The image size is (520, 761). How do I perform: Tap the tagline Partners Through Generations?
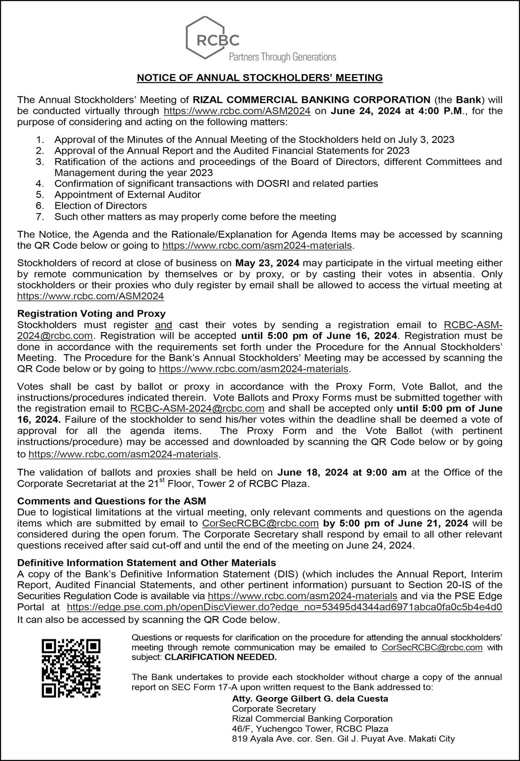point(282,57)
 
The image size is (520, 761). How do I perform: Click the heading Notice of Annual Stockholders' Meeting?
point(260,78)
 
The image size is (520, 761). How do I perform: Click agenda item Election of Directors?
point(101,206)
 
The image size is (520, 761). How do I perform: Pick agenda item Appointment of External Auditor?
point(127,194)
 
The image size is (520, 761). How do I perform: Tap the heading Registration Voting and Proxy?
point(91,313)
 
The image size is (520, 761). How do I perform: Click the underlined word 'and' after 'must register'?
point(163,325)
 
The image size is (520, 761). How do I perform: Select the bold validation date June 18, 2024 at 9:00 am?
point(341,472)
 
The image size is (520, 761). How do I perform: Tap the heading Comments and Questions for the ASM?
point(112,501)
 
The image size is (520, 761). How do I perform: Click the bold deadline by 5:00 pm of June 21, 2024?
point(396,523)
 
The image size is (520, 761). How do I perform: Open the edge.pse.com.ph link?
point(285,607)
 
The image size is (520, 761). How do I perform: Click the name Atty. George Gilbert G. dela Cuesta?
point(310,699)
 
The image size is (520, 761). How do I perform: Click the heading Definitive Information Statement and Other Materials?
point(146,563)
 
